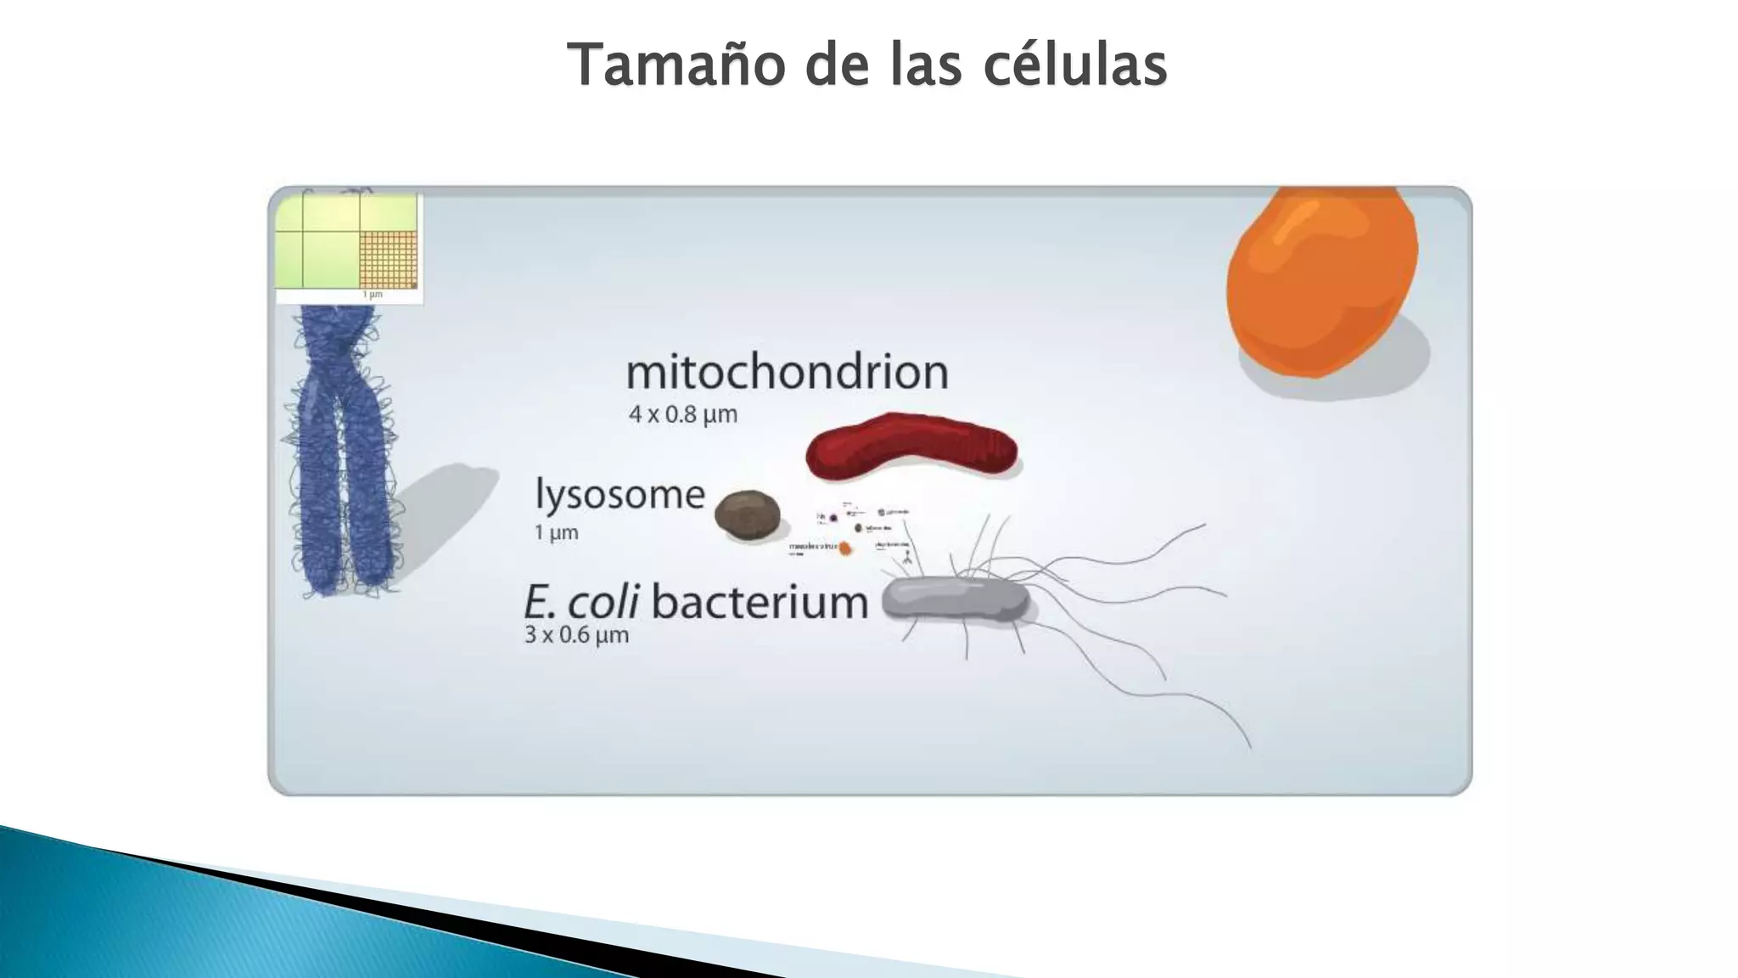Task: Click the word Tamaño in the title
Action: coord(676,65)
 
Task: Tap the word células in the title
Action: coord(1075,65)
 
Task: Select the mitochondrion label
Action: coord(787,373)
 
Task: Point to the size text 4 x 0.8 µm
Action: coord(683,415)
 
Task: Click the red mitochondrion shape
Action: coord(911,446)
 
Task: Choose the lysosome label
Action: coord(620,495)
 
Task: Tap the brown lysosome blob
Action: coord(747,513)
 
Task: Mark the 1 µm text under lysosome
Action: coord(556,533)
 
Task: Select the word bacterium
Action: coord(760,603)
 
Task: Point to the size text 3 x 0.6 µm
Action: coord(576,635)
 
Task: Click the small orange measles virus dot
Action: coord(845,548)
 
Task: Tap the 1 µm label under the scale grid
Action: coord(373,295)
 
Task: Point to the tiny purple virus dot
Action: coord(833,517)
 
